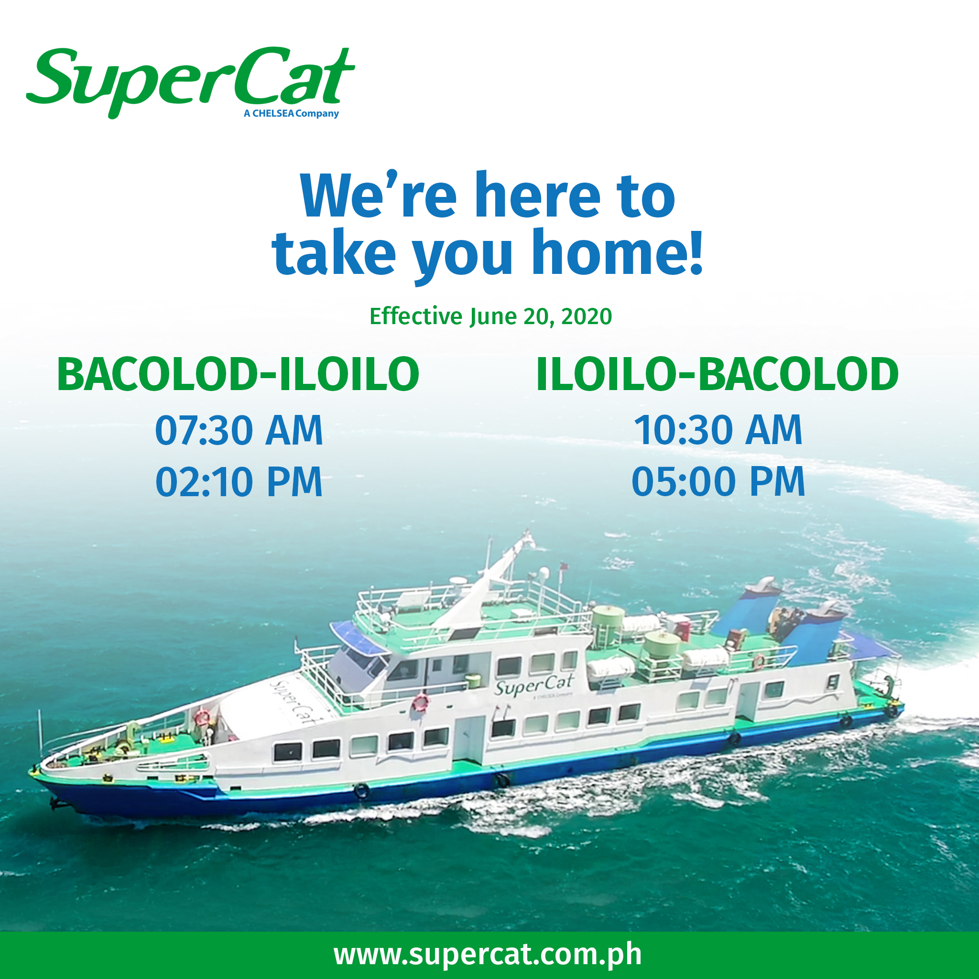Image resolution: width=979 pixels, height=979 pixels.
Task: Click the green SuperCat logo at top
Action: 190,81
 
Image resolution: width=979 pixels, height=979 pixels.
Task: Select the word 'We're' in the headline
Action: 378,195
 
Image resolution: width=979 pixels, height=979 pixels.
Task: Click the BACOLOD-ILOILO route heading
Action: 238,374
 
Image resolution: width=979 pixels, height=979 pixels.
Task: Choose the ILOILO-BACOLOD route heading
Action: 717,374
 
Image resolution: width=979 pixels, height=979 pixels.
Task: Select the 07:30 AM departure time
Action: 239,430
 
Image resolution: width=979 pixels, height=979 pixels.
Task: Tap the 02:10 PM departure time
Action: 239,481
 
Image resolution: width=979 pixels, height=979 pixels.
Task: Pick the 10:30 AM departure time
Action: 718,430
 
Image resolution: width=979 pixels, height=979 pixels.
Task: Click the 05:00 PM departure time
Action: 718,481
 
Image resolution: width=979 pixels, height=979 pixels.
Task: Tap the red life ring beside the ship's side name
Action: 421,703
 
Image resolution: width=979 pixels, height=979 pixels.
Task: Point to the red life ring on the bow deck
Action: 202,717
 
